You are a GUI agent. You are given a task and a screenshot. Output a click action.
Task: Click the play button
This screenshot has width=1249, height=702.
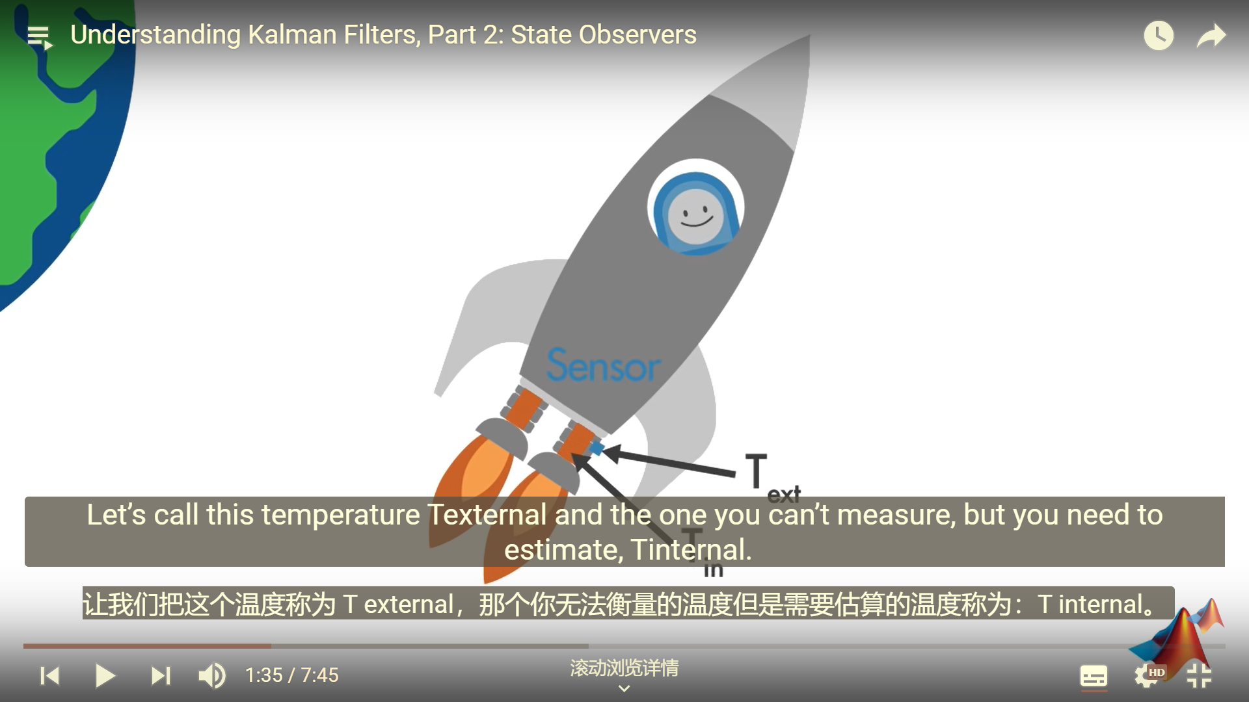(x=105, y=675)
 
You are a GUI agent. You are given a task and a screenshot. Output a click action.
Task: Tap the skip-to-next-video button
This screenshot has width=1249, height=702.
(x=161, y=675)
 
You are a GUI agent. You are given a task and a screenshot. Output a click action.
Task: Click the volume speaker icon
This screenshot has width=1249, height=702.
(x=212, y=675)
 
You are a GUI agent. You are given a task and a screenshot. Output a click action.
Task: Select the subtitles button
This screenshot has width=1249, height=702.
(x=1094, y=676)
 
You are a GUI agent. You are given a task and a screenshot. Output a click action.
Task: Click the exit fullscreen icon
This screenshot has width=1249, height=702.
(x=1199, y=675)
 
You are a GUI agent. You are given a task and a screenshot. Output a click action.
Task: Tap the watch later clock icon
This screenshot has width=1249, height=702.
(x=1159, y=35)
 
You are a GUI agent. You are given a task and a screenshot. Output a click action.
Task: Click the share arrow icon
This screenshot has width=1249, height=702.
(x=1211, y=36)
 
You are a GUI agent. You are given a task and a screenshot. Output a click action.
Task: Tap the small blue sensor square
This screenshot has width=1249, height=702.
(x=596, y=448)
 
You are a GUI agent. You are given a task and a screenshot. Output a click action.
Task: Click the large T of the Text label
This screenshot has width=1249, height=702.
(x=756, y=471)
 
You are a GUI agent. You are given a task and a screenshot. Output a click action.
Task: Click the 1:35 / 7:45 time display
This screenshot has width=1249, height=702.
(x=292, y=675)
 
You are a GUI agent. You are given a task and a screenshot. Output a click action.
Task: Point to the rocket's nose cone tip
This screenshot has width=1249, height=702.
(x=809, y=36)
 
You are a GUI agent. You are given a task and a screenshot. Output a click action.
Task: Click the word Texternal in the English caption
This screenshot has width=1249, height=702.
(x=487, y=515)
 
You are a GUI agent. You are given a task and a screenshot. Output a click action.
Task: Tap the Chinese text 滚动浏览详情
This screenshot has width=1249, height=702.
(x=624, y=668)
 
